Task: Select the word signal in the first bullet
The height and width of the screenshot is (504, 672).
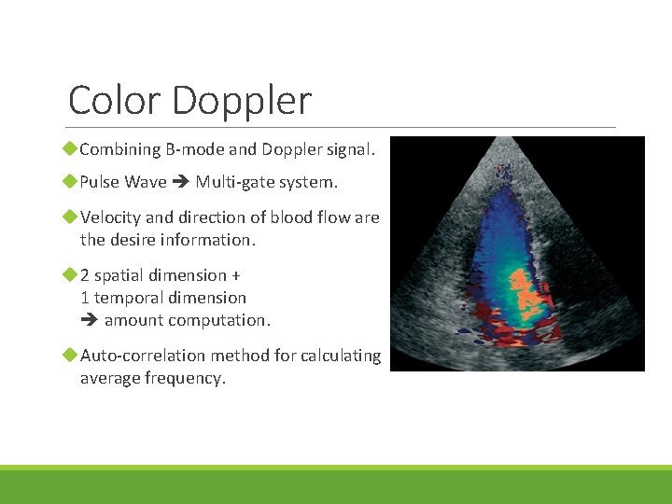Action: point(348,149)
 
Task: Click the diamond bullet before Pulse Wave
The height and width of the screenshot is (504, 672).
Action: point(70,182)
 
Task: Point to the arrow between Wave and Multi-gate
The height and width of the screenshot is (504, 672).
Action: point(181,182)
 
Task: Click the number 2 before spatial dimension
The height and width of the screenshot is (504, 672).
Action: point(85,275)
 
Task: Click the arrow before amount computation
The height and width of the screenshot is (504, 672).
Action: point(90,320)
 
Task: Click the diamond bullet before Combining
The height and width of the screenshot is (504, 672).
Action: point(70,149)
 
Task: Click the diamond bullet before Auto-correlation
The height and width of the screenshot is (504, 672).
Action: point(70,356)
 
